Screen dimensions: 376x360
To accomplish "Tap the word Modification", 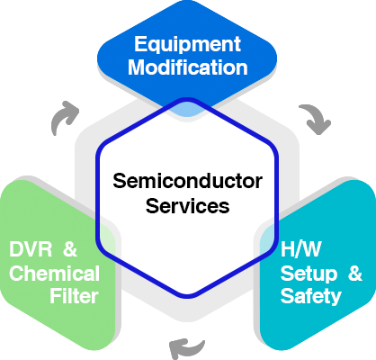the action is click(188, 67).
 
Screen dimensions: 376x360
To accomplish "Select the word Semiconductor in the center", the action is click(188, 181).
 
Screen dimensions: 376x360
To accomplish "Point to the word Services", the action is click(188, 206).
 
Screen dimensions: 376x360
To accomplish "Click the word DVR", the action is click(31, 248).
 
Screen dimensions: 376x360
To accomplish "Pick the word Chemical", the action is click(54, 273).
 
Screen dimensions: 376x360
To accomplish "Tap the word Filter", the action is click(74, 296).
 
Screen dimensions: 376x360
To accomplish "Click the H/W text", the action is click(300, 248).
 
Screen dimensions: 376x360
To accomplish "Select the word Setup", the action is click(309, 274).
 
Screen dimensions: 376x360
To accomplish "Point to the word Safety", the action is click(311, 296).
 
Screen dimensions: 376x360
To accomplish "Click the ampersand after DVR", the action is click(70, 248).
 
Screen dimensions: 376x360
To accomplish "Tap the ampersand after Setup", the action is click(355, 273).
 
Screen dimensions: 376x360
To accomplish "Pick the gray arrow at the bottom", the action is click(186, 348).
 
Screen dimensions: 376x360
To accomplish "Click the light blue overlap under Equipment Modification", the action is click(186, 110).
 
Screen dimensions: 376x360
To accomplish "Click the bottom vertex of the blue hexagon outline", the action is click(187, 297).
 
